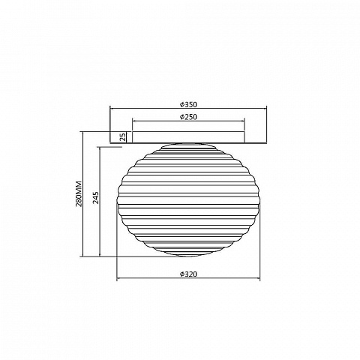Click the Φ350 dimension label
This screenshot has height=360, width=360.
(188, 104)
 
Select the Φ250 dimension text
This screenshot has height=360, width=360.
(188, 117)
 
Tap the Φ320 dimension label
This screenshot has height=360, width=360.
(188, 274)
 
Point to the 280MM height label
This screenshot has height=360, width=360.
(79, 193)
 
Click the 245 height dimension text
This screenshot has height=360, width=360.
(96, 198)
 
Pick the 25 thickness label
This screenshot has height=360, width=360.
(123, 137)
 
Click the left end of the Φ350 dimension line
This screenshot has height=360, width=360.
(110, 109)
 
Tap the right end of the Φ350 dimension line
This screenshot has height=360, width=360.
(266, 109)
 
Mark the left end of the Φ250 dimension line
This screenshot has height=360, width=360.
(133, 121)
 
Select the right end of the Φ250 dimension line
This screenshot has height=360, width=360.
(244, 121)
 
